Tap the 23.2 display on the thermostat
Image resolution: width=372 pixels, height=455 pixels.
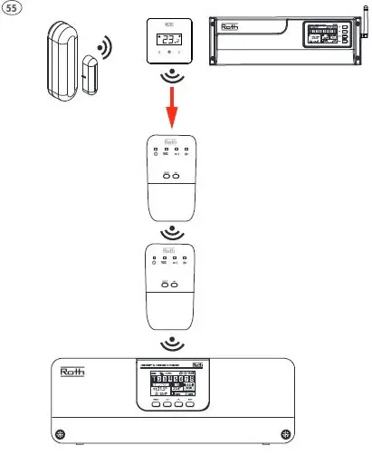[x=170, y=39]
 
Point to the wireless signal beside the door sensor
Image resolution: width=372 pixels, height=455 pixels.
[x=106, y=46]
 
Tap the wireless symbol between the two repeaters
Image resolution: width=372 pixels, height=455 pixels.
[x=170, y=234]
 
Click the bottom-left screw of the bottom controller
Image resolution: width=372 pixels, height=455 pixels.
[x=59, y=431]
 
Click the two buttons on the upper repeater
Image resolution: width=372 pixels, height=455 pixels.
[x=170, y=176]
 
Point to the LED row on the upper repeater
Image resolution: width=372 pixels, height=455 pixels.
[x=170, y=150]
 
